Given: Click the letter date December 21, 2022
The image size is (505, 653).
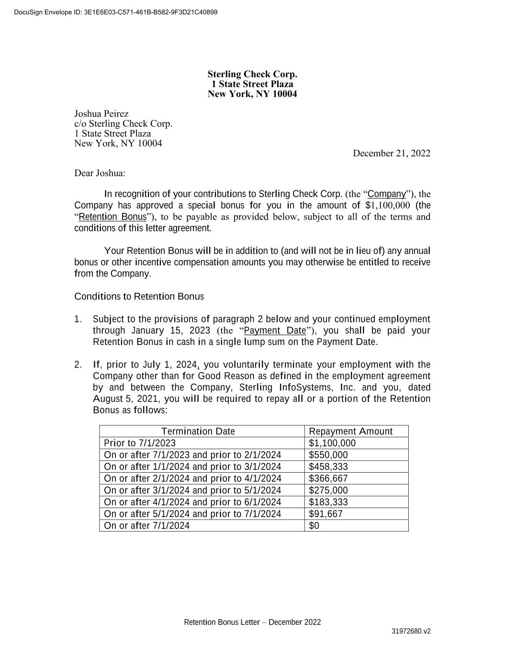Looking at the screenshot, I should point(391,153).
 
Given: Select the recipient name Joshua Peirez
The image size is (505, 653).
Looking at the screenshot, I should point(101,114).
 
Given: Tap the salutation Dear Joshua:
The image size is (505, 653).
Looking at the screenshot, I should point(100,173).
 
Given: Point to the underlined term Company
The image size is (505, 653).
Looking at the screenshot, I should point(387,194).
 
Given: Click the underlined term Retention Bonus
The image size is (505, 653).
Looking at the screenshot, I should point(112,217).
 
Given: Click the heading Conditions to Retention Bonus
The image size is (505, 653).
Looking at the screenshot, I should point(139,297).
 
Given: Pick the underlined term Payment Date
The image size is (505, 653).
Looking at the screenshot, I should point(275,331).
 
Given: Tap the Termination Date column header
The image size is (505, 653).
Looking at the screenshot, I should point(198,432).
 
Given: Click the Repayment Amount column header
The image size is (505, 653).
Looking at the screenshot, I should point(350,432).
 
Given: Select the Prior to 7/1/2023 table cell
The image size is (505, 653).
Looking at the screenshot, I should point(140,443).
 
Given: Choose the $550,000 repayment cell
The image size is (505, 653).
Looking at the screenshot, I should point(328,455).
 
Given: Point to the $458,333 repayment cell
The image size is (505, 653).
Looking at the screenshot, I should point(328,467).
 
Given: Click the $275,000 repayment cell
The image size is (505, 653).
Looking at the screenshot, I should point(328,490).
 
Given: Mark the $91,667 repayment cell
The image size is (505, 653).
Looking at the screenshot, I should point(325,514).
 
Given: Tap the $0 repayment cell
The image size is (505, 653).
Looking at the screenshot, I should point(314,526).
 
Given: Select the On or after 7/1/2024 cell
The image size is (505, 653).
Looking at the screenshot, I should point(146,526).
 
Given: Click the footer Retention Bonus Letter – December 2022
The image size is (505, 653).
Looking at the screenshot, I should point(252,622).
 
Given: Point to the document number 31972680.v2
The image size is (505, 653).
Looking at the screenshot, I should point(411,631).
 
